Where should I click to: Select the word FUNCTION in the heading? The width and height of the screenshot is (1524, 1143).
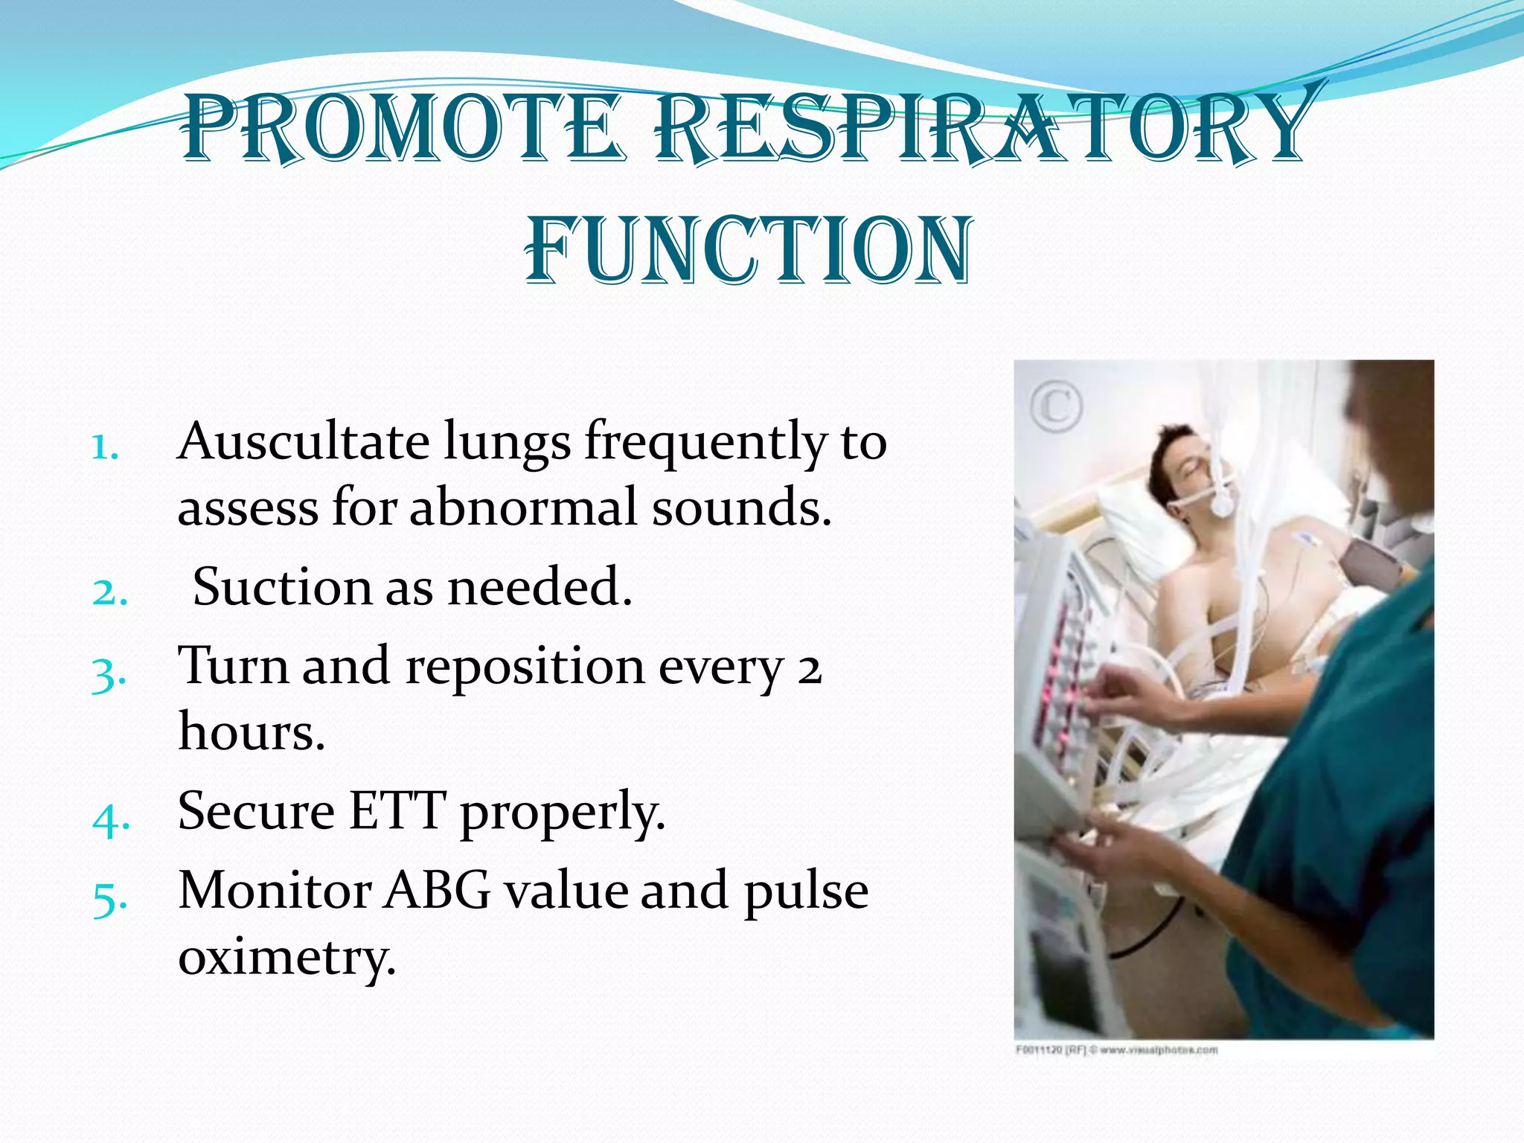[x=748, y=252]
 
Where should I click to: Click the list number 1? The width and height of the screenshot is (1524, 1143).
[x=104, y=448]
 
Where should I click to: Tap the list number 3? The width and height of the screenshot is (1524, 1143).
[x=109, y=673]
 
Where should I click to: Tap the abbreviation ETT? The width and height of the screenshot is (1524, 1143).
[x=397, y=810]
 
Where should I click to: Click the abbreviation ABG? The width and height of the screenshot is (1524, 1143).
[x=438, y=890]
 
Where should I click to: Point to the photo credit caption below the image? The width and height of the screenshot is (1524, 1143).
[x=1116, y=1050]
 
